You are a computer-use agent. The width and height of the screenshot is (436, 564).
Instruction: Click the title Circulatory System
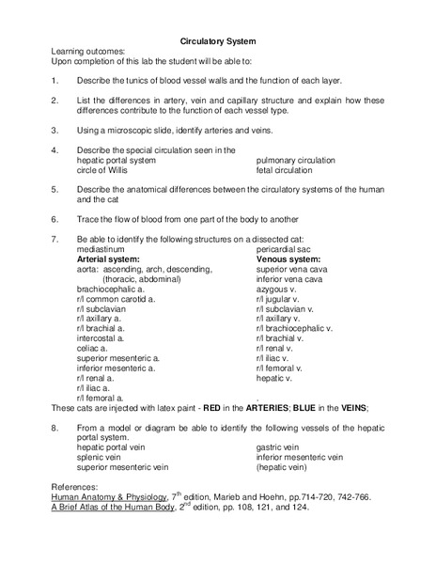coord(218,40)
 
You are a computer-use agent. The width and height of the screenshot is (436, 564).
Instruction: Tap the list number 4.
coord(55,150)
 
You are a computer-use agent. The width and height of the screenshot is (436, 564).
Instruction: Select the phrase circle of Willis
coord(105,169)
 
